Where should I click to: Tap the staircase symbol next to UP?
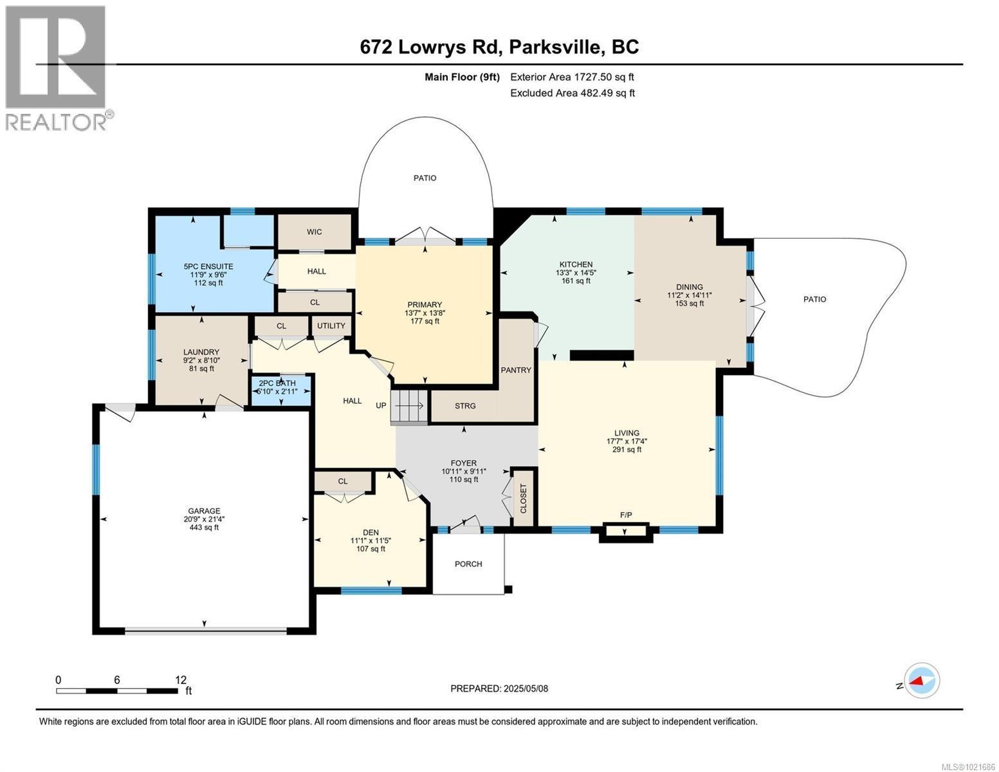tap(410, 407)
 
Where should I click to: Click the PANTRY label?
tap(516, 370)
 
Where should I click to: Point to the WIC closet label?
tap(314, 232)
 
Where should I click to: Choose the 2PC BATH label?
tap(277, 383)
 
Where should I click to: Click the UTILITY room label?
tap(331, 326)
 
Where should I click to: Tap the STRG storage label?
tap(465, 406)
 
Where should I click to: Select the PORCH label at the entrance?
tap(468, 564)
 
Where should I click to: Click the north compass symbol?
tap(921, 681)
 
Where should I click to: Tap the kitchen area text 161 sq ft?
tap(576, 280)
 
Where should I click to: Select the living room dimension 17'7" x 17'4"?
tap(627, 441)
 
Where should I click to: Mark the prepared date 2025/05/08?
tap(524, 688)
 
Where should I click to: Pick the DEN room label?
tap(371, 532)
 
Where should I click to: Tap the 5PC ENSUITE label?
tap(208, 266)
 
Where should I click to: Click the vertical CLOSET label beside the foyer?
tap(523, 499)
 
